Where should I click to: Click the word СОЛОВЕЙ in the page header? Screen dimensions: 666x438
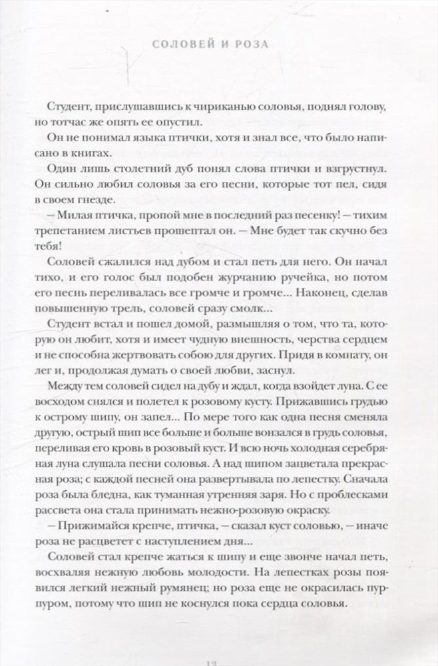(x=176, y=45)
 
